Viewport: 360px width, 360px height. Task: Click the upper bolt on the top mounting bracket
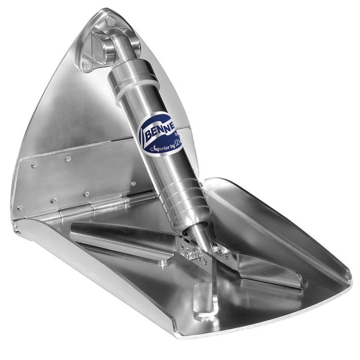(111, 22)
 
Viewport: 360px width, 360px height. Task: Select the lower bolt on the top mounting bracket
(87, 65)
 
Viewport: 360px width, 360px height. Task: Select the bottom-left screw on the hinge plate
(20, 208)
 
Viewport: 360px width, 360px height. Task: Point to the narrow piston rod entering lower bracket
(197, 234)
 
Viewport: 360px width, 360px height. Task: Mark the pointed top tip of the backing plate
(106, 11)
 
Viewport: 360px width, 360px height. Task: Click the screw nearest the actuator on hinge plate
(133, 184)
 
